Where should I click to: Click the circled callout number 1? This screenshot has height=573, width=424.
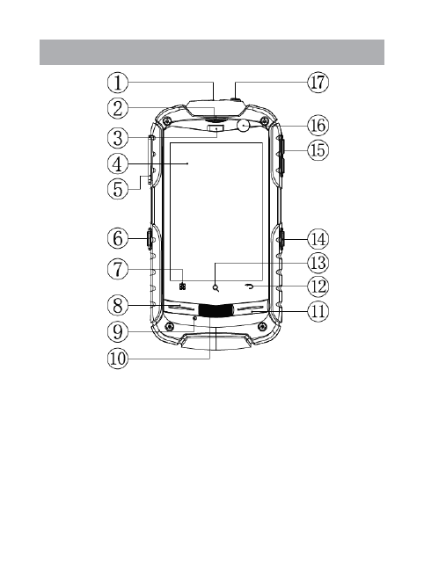117,83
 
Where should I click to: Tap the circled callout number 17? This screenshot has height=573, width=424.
318,83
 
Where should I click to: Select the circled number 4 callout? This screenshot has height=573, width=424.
117,164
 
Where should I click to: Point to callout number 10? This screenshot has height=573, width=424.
118,359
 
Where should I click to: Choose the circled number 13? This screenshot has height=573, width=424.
318,263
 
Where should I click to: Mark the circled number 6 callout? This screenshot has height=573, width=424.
117,239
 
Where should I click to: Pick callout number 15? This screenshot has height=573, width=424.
318,150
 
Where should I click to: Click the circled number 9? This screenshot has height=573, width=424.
117,332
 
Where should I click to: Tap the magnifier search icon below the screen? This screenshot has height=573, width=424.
216,287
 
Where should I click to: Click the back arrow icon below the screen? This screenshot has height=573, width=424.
250,287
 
